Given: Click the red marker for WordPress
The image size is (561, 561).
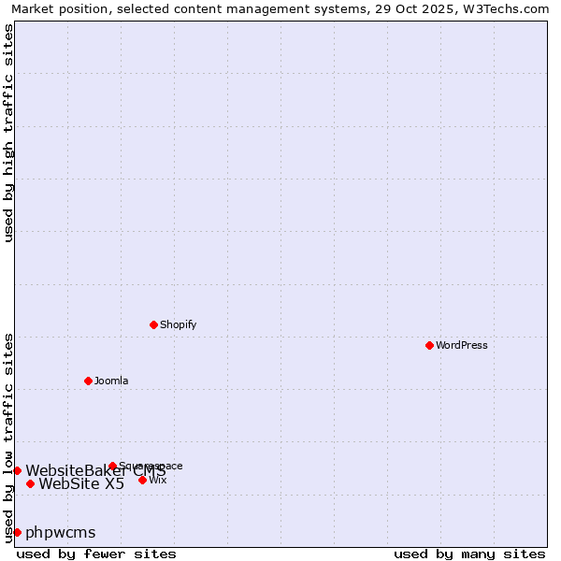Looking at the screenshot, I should pos(429,345).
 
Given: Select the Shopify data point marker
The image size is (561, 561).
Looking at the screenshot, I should pos(153,324).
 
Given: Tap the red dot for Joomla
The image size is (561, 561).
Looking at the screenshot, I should pos(88,381).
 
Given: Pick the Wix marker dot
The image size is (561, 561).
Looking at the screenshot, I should pos(142,480).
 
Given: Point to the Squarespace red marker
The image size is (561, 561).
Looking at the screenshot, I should pos(112,466).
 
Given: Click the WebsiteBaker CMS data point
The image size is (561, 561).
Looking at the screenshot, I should pos(17,470).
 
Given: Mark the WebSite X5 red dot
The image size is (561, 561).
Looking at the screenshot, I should pos(30,483).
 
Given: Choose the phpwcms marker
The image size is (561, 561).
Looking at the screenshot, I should pos(17,532).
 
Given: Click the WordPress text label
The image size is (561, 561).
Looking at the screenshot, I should pos(462,345).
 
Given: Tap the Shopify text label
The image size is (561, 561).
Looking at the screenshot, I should pos(178,324).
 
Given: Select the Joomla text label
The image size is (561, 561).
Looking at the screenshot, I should pos(111,381).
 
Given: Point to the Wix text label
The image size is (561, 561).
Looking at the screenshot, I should pos(158,480).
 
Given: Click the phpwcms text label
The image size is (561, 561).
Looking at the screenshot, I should pos(61,532).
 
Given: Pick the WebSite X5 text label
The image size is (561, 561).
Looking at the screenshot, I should pos(81,483).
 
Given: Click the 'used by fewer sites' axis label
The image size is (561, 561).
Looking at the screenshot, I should pos(96,554).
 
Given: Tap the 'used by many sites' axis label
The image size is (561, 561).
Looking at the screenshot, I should pos(469,554).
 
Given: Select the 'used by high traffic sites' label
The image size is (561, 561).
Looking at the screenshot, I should pos(8,133).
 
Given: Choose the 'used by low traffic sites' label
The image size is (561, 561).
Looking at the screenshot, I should pos(8,438).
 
